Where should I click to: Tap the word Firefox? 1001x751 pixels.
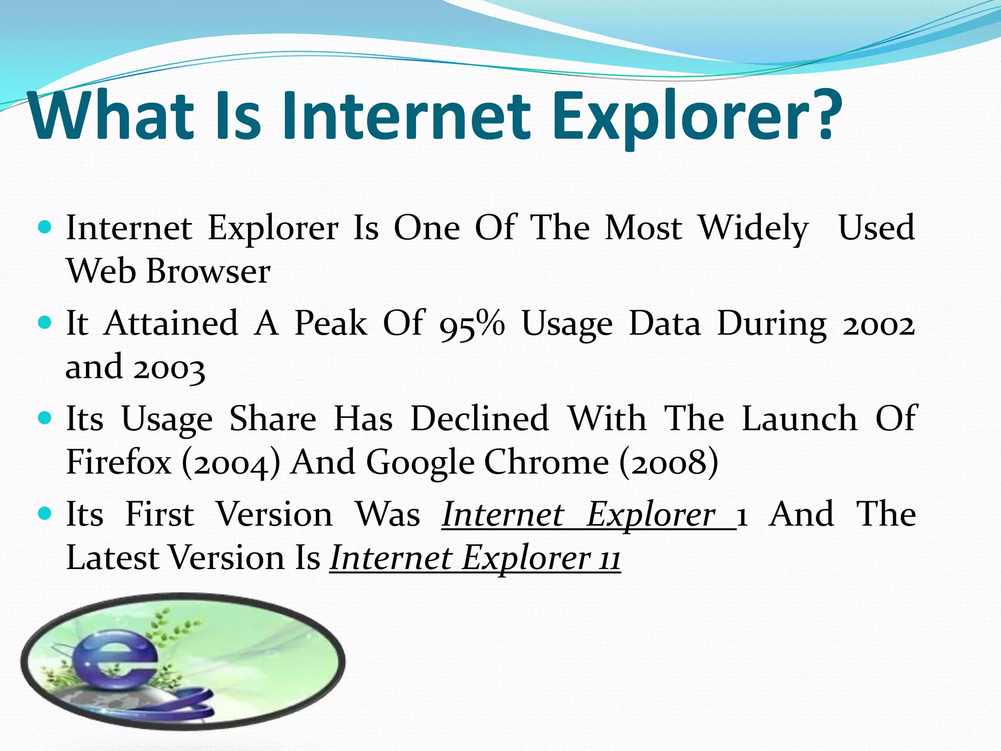(119, 462)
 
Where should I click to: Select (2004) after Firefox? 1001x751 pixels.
(231, 463)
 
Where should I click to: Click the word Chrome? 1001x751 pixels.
(546, 462)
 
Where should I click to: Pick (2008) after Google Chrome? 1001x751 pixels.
(669, 463)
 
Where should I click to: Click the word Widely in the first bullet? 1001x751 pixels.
(753, 229)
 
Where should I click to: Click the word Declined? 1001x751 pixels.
(479, 419)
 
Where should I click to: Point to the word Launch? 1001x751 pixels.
(799, 419)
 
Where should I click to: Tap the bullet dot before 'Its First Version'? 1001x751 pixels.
(44, 514)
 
